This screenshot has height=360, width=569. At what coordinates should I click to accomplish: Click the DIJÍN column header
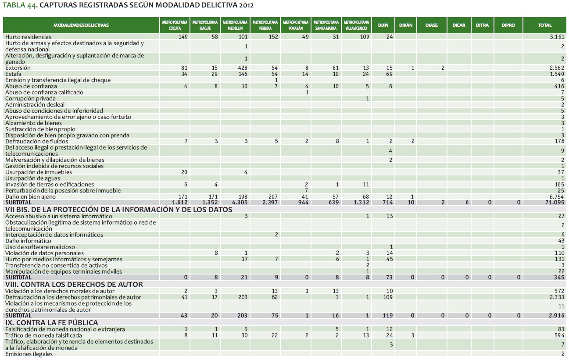(383, 25)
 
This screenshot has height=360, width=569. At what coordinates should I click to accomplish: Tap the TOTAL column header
(545, 25)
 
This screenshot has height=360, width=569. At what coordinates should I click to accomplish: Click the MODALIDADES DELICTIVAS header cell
(81, 25)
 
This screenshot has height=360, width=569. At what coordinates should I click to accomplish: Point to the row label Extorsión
(18, 68)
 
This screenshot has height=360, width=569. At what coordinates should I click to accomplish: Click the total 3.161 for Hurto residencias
(557, 37)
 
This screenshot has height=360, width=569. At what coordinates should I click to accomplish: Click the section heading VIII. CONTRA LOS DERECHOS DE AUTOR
(74, 285)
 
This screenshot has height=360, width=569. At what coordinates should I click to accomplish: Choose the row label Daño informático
(28, 241)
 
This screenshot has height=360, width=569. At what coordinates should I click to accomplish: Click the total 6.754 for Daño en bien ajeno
(557, 197)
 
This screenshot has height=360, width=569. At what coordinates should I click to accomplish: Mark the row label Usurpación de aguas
(34, 178)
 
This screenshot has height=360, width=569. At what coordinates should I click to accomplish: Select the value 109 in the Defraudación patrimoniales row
(387, 297)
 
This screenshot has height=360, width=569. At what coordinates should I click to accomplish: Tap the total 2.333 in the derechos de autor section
(557, 297)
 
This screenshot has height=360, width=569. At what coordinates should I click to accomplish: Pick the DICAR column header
(459, 25)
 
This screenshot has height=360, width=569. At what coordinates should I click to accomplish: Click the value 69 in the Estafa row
(389, 74)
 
